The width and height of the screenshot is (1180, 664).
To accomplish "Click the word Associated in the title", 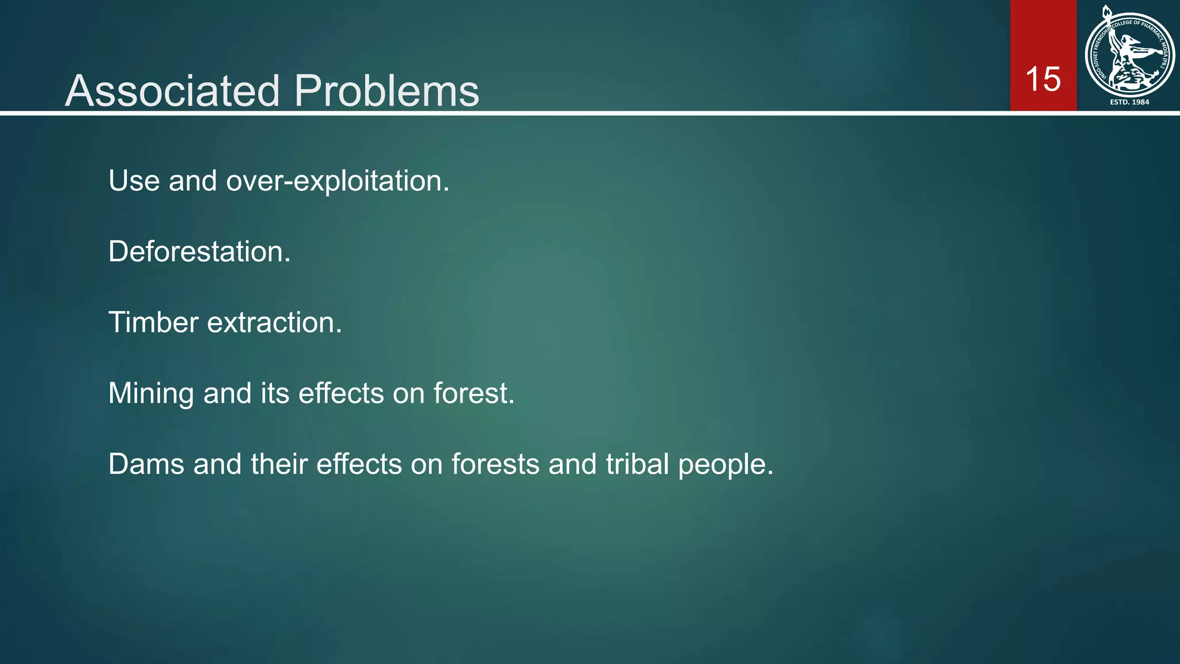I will [172, 91].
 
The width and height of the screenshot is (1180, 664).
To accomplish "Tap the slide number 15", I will [1043, 79].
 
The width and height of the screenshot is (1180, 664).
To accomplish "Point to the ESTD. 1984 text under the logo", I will [1129, 102].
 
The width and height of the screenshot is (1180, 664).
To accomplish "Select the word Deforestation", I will [199, 252].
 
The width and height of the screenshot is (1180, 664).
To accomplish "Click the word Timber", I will [153, 322].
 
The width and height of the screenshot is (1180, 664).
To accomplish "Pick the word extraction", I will [274, 323].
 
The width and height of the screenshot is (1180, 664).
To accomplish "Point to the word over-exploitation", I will [337, 182].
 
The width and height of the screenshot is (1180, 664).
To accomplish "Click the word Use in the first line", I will [134, 181].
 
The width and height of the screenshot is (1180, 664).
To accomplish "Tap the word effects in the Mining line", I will [341, 393].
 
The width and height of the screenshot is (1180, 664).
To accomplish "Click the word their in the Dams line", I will [279, 464].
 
